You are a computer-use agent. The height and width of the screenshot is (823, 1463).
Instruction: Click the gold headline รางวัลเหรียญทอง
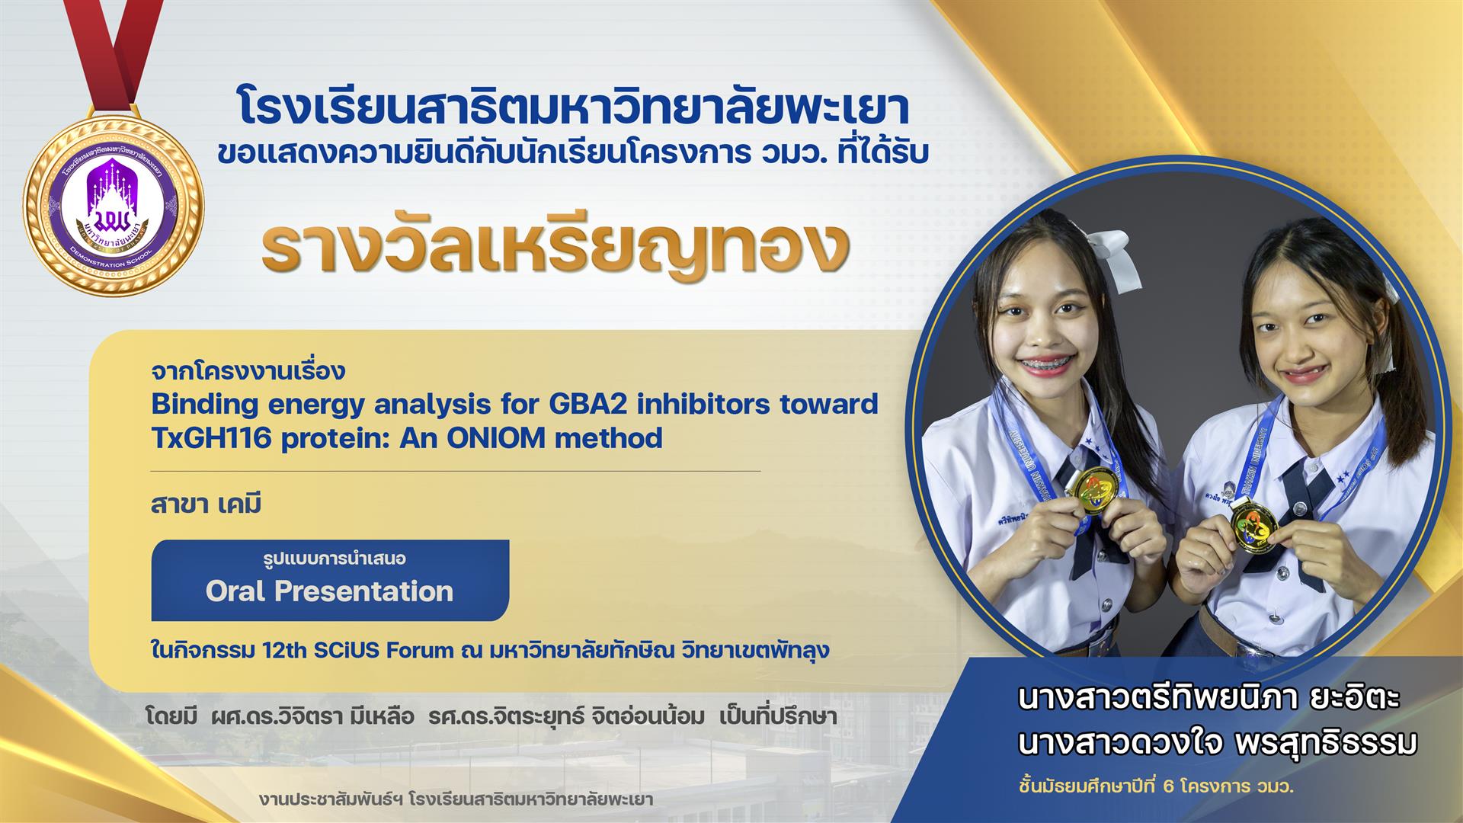pyautogui.click(x=555, y=244)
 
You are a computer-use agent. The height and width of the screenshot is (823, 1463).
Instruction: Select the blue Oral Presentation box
pyautogui.click(x=330, y=581)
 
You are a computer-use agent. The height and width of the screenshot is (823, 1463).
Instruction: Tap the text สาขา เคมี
pyautogui.click(x=206, y=504)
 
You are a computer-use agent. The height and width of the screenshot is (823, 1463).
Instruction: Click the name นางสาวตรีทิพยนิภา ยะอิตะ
pyautogui.click(x=1208, y=699)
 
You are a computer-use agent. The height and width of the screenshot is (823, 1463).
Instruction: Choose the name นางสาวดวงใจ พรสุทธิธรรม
pyautogui.click(x=1217, y=743)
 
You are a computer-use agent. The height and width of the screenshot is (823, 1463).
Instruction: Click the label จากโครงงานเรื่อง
pyautogui.click(x=248, y=372)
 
